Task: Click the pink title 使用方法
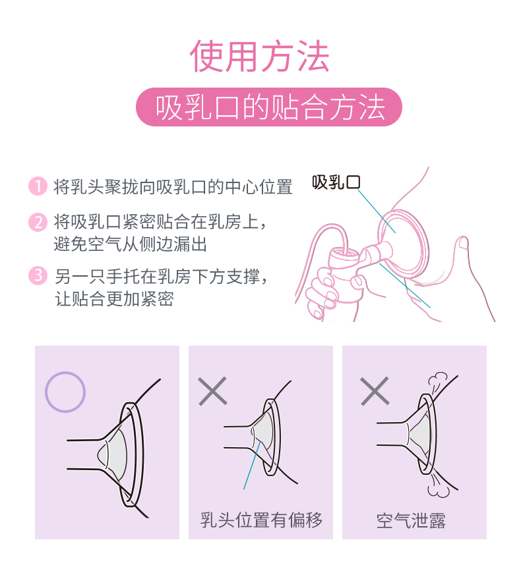pyautogui.click(x=259, y=56)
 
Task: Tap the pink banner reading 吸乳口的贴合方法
pyautogui.click(x=268, y=107)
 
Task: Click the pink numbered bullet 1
pyautogui.click(x=38, y=186)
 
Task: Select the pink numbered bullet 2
pyautogui.click(x=38, y=222)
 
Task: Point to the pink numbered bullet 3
pyautogui.click(x=38, y=276)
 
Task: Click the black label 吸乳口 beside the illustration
pyautogui.click(x=336, y=182)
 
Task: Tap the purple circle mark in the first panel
pyautogui.click(x=65, y=392)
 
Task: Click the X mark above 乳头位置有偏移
pyautogui.click(x=213, y=391)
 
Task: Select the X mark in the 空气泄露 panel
pyautogui.click(x=375, y=391)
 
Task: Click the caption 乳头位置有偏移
pyautogui.click(x=261, y=520)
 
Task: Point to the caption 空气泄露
pyautogui.click(x=411, y=521)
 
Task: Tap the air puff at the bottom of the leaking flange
pyautogui.click(x=438, y=485)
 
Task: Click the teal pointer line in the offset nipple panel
pyautogui.click(x=252, y=466)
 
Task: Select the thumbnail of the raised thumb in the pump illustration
pyautogui.click(x=464, y=244)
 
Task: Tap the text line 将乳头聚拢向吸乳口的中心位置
pyautogui.click(x=173, y=187)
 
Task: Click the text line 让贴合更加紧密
pyautogui.click(x=114, y=299)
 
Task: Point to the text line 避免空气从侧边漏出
pyautogui.click(x=131, y=244)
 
